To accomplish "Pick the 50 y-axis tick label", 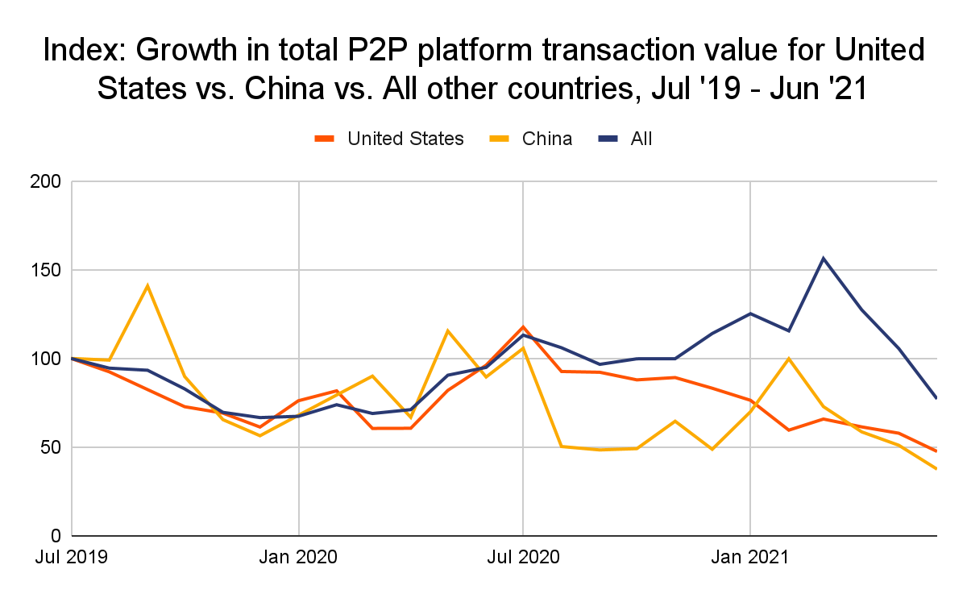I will pyautogui.click(x=52, y=448).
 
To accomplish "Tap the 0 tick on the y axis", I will pyautogui.click(x=56, y=537).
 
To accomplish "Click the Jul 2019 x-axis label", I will pyautogui.click(x=73, y=558).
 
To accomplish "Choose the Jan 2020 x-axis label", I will pyautogui.click(x=299, y=558).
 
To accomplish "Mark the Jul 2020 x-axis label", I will pyautogui.click(x=523, y=558).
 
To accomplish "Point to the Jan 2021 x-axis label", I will pyautogui.click(x=750, y=558).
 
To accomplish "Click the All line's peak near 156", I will pyautogui.click(x=824, y=259).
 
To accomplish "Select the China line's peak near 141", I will pyautogui.click(x=147, y=285).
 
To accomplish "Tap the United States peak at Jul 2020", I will pyautogui.click(x=523, y=327).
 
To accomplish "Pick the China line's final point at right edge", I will pyautogui.click(x=936, y=468).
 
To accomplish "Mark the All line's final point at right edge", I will pyautogui.click(x=936, y=397).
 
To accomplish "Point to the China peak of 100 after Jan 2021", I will pyautogui.click(x=787, y=359).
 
